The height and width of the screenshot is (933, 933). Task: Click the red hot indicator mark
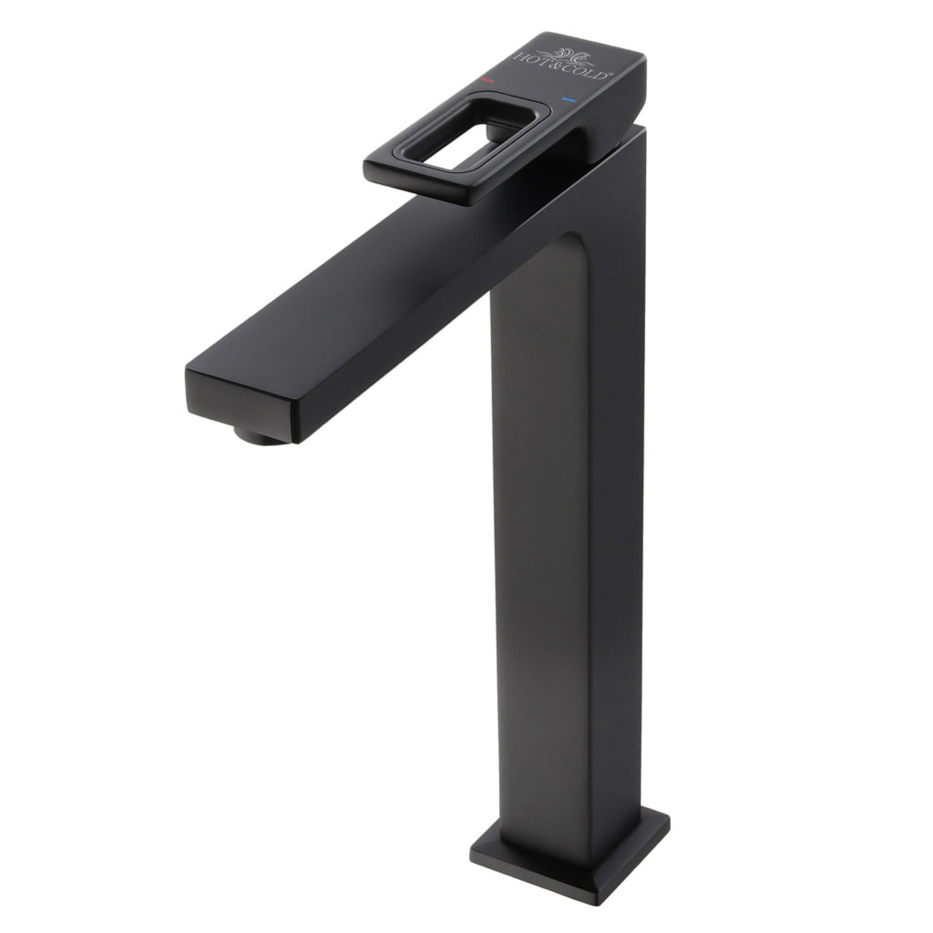tap(487, 79)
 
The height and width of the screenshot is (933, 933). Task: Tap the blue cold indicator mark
tap(569, 100)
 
